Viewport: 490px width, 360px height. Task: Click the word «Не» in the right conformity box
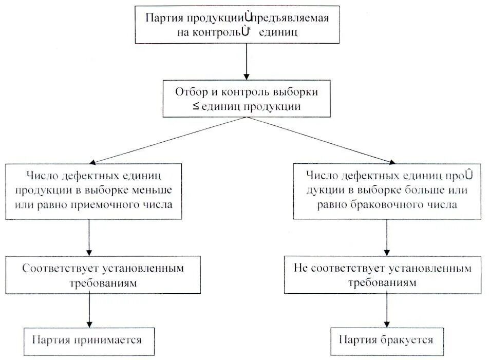[301, 268]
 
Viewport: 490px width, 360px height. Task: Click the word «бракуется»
[407, 339]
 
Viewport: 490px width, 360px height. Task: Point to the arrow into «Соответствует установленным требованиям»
[90, 237]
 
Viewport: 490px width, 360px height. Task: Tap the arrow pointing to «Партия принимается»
[90, 310]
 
